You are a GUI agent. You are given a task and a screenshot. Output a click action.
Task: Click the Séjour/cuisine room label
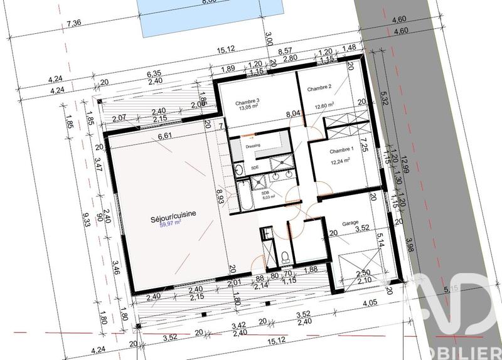[173, 214]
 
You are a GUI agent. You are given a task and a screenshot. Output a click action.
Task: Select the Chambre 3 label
[248, 102]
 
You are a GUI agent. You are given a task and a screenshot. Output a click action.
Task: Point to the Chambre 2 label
[319, 90]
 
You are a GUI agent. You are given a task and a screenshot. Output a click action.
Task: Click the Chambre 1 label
[342, 150]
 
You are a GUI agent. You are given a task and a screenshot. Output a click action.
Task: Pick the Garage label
[350, 223]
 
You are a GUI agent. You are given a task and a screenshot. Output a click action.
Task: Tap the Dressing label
[253, 146]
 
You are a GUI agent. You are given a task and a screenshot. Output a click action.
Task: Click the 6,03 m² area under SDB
[267, 197]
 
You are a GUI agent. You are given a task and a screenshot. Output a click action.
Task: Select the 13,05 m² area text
[248, 108]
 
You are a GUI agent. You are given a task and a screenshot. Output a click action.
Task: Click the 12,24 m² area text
[340, 161]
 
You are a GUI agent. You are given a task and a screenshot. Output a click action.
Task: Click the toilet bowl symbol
[285, 257]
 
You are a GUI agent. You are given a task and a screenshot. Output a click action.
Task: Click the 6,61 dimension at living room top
[165, 135]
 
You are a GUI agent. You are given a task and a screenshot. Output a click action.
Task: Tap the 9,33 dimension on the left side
[86, 218]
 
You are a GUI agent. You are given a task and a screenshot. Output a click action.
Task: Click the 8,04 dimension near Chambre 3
[292, 114]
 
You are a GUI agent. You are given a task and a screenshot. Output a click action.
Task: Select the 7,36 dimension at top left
[74, 24]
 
